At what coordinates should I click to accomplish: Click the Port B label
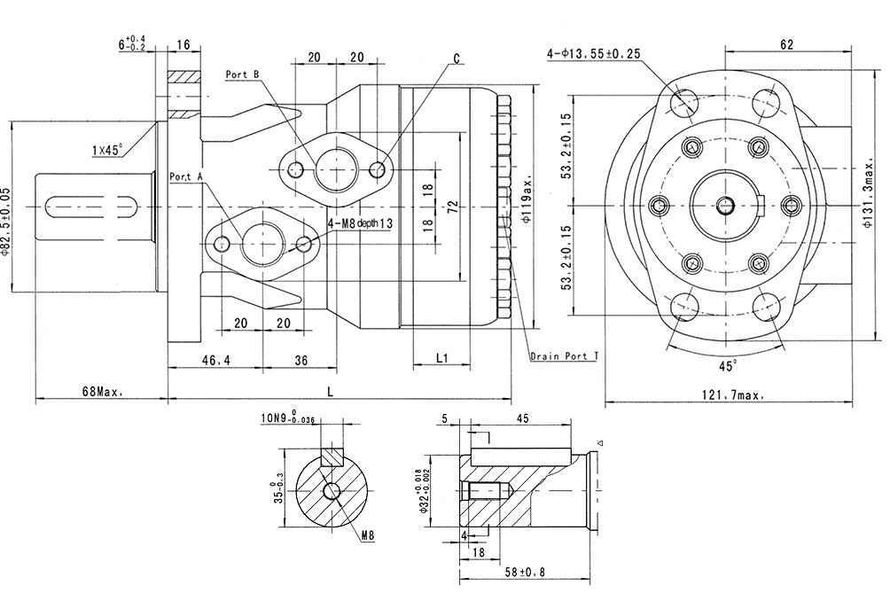coord(242,75)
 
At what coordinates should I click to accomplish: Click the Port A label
coord(186,177)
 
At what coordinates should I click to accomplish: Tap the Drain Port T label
coord(564,356)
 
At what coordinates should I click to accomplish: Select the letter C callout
coord(457,59)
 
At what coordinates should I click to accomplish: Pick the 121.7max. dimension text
coord(731,396)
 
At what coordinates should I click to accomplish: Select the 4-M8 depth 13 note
coord(360,224)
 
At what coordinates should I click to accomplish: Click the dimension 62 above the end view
coord(787,44)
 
